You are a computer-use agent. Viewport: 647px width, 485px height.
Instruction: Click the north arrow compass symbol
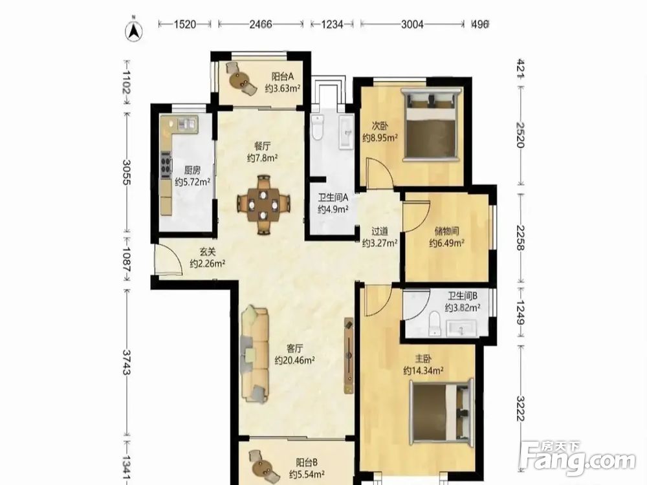pos(134,30)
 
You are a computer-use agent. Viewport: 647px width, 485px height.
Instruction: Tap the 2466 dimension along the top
pos(261,25)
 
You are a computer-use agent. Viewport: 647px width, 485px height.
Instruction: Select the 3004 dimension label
pos(411,25)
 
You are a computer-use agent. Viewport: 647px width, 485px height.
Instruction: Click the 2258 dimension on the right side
pos(520,238)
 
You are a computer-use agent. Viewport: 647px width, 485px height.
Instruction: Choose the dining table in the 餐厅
pos(263,204)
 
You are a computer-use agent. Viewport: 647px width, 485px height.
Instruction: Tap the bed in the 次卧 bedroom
pos(431,124)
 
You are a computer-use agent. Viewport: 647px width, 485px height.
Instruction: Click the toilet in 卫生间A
pos(317,127)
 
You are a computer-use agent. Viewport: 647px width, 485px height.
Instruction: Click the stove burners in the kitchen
pos(166,165)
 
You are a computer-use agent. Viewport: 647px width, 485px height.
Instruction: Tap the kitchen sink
pos(186,123)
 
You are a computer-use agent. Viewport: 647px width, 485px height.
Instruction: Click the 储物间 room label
pos(447,232)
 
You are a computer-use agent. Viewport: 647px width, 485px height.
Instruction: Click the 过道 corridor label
pos(380,232)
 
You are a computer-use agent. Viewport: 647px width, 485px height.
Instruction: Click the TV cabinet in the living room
pos(349,356)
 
